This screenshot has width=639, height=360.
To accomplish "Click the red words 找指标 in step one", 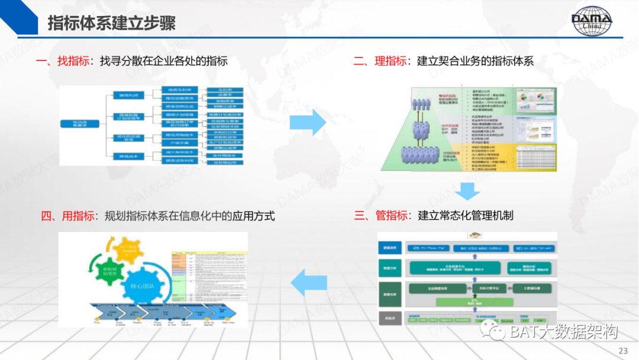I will [x=73, y=61].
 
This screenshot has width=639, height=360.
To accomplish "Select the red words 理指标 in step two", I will [x=390, y=61].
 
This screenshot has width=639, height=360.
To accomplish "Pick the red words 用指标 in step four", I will [x=78, y=216].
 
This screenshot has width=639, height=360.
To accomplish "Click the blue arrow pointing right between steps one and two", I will [x=308, y=123].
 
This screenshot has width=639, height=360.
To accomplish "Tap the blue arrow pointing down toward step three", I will [x=467, y=191].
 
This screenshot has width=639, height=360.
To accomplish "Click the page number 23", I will [x=623, y=349].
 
